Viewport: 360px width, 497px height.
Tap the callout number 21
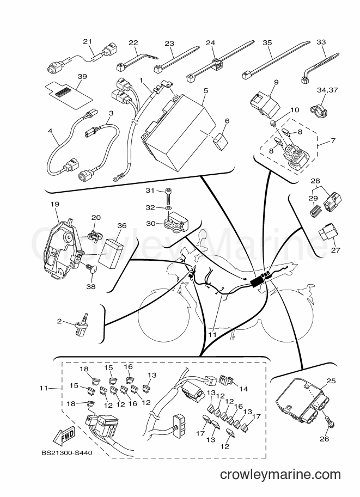[x=88, y=41]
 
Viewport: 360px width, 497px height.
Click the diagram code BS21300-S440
[x=66, y=452]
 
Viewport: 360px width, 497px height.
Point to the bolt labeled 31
[x=168, y=196]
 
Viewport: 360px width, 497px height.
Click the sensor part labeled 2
[x=81, y=324]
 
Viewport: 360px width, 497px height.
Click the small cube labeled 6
[x=221, y=140]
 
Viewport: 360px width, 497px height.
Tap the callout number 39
[x=82, y=77]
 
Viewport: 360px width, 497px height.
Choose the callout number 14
[x=243, y=389]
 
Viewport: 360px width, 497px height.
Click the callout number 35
[x=267, y=42]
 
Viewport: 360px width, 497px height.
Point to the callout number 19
[x=55, y=204]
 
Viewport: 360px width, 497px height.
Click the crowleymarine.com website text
[x=280, y=475]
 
